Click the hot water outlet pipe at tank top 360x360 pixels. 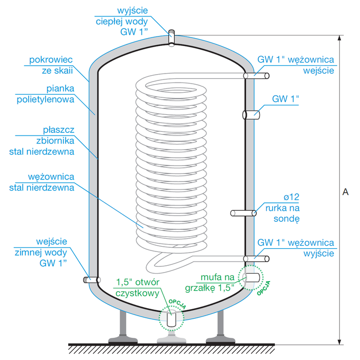[x=171, y=38]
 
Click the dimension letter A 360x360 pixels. [x=345, y=192]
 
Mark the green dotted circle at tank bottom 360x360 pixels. [x=170, y=318]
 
